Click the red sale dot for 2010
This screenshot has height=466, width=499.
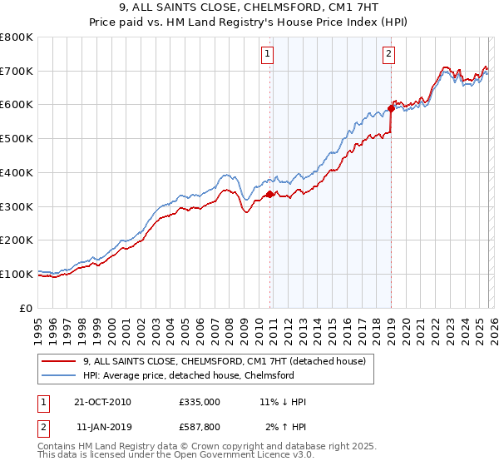point(269,194)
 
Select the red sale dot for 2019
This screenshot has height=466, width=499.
point(391,108)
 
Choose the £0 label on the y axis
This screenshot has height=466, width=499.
point(26,308)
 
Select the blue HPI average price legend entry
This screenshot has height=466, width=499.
point(189,375)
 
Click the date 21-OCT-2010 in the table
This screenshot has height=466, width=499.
point(104,402)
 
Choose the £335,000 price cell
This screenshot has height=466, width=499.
point(200,402)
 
